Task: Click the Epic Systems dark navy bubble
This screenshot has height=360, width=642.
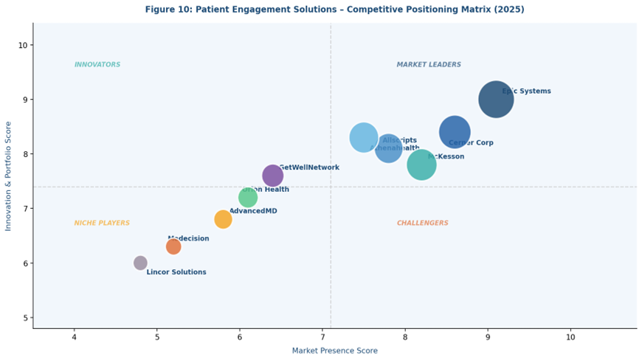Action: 496,99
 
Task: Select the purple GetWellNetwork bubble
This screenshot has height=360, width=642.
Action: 272,176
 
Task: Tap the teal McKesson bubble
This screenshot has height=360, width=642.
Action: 421,165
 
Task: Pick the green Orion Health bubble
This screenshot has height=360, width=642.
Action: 248,198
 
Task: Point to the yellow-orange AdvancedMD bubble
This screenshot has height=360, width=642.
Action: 223,219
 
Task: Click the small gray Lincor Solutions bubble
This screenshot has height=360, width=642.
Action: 140,263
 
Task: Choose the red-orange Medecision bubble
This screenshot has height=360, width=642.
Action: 173,246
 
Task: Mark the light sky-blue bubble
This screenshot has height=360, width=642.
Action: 362,136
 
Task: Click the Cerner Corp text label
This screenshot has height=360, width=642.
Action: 471,143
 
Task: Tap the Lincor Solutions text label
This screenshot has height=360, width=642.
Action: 176,272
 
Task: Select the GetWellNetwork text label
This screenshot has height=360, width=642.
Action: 309,167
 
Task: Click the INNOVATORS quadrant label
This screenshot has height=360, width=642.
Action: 97,65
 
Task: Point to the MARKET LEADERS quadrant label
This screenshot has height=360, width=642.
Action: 429,65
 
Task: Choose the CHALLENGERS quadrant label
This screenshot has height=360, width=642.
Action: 422,224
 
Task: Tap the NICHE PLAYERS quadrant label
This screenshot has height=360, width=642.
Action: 102,224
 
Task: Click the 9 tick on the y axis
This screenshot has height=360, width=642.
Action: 23,100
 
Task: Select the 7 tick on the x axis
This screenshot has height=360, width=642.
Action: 322,337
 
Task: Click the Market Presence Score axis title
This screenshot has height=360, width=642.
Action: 334,351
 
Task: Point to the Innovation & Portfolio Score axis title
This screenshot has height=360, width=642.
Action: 8,176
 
